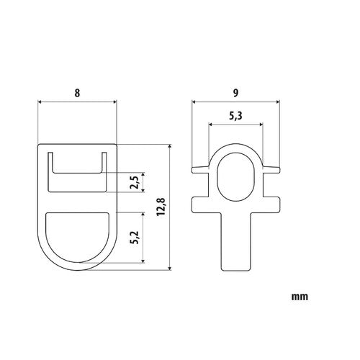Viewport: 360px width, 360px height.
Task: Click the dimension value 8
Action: tap(76, 92)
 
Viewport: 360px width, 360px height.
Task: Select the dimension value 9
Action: tap(235, 92)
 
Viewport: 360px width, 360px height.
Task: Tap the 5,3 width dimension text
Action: tap(235, 115)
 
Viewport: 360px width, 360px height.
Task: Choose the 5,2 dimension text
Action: tap(134, 237)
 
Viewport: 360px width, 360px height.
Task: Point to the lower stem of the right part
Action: tap(235, 245)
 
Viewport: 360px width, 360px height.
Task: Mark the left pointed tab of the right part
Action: tap(196, 171)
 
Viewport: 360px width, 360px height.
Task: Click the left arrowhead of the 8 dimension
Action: tap(40, 103)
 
